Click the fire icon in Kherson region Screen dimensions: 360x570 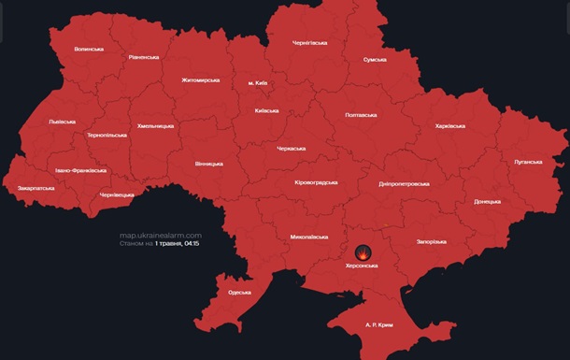[363, 252]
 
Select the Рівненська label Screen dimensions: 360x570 [144, 57]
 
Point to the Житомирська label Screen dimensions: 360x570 [200, 80]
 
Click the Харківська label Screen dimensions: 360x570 [453, 125]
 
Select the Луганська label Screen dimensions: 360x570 [527, 162]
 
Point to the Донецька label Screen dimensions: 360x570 [487, 201]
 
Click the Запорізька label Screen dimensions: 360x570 [431, 242]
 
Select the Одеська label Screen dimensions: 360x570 [239, 293]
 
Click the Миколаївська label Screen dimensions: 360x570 [308, 237]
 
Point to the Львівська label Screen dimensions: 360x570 [64, 122]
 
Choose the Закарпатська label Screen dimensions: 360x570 [36, 188]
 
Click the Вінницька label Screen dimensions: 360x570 [209, 164]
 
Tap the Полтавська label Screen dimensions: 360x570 [361, 115]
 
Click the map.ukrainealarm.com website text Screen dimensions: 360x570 [161, 235]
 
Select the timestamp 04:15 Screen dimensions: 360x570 [192, 243]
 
